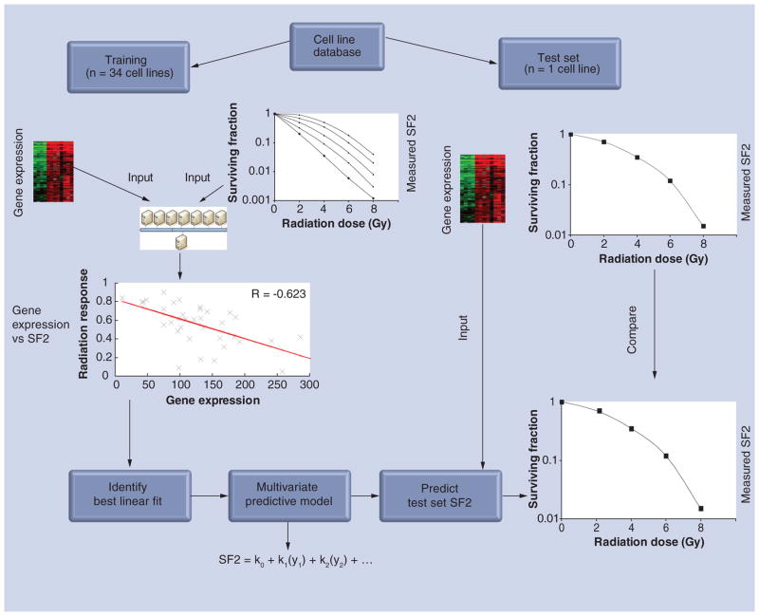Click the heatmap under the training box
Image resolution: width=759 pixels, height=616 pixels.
[x=54, y=171]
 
